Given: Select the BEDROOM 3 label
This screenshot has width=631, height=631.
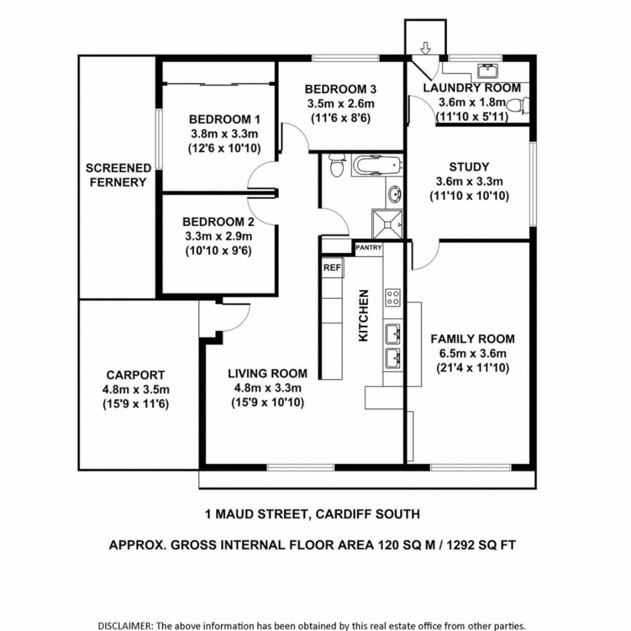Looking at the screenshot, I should [x=341, y=89].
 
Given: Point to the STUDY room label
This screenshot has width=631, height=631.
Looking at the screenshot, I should [x=469, y=167].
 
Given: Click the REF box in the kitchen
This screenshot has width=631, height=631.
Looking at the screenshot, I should [x=332, y=268].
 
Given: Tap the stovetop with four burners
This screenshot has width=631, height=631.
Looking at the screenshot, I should [x=393, y=297].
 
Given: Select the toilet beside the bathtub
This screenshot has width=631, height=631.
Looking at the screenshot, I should [x=337, y=166].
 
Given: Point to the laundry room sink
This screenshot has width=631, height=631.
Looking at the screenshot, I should [x=487, y=71].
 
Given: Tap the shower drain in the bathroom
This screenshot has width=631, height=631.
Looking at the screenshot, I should [x=400, y=224].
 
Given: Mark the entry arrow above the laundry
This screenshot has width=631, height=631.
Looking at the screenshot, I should [x=425, y=48].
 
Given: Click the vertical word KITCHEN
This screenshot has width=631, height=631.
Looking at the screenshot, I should [x=363, y=315].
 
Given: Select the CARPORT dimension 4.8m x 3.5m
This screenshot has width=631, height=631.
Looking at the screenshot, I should [x=136, y=390].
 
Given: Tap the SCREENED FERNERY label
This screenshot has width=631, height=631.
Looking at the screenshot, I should [x=119, y=175].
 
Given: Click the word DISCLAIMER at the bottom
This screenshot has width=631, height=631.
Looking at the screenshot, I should [x=124, y=625].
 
